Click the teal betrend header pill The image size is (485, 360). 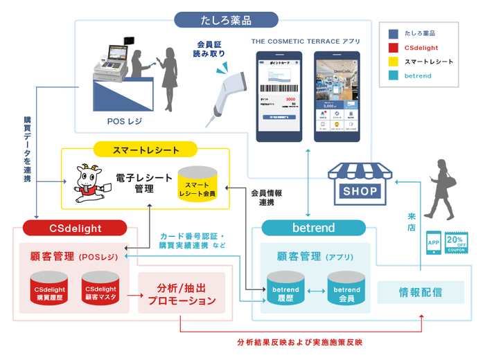point(314,227)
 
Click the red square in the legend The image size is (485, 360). point(393,47)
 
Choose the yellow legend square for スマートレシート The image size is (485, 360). point(393,61)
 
